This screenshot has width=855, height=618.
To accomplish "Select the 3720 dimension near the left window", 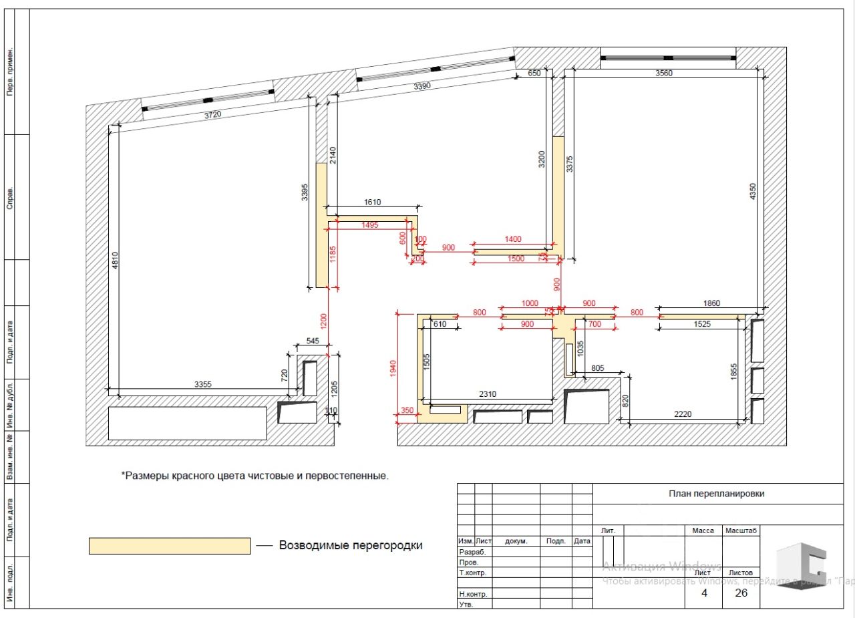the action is point(212,115).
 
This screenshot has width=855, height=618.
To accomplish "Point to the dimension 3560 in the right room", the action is point(664,73).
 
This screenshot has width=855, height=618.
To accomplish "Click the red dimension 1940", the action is point(393,367).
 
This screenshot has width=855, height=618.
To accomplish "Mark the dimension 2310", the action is point(488,394).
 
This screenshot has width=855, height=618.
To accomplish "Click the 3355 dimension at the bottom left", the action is point(203,384).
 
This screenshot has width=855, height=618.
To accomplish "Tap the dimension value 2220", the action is point(683,414).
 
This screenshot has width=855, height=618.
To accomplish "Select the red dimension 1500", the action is point(516,259).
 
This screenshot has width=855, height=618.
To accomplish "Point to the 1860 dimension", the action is point(712,303).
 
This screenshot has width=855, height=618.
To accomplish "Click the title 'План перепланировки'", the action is point(717,494).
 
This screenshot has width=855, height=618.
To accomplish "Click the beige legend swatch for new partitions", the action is point(170,546).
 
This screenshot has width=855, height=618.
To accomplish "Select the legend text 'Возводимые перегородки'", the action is point(351,545).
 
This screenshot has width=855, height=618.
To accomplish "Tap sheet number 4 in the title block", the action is point(704,593).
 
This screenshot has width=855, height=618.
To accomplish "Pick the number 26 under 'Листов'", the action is point(741,593).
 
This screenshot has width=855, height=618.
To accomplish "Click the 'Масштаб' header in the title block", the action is point(741,530).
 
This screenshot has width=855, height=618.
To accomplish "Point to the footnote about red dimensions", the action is point(254,476).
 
